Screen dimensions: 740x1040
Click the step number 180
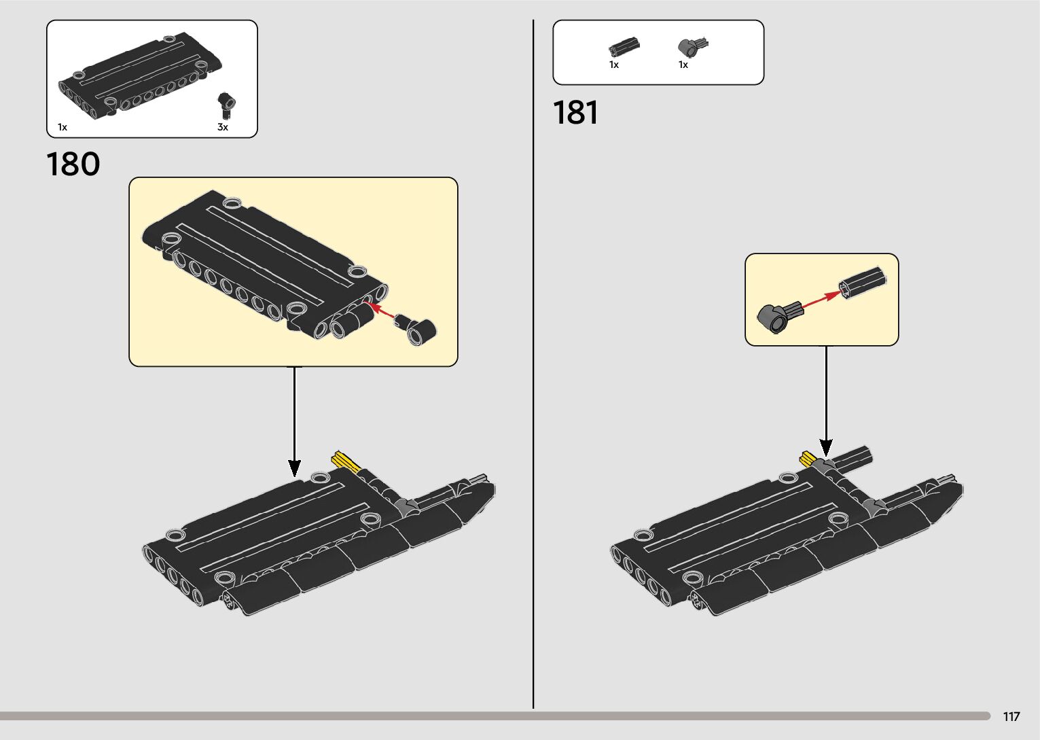[x=73, y=164]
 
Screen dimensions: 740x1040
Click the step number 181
[x=575, y=113]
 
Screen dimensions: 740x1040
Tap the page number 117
[x=1011, y=716]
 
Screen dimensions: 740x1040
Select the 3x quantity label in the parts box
[x=223, y=127]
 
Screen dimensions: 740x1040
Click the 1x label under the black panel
[x=62, y=127]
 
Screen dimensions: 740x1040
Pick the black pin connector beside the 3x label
[x=226, y=106]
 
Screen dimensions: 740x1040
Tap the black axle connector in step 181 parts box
[x=624, y=47]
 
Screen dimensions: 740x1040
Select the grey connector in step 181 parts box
[x=692, y=48]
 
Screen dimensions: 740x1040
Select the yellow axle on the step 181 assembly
[x=808, y=457]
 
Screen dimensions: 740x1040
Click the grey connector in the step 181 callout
[x=774, y=317]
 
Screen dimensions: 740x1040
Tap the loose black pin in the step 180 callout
[x=418, y=330]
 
